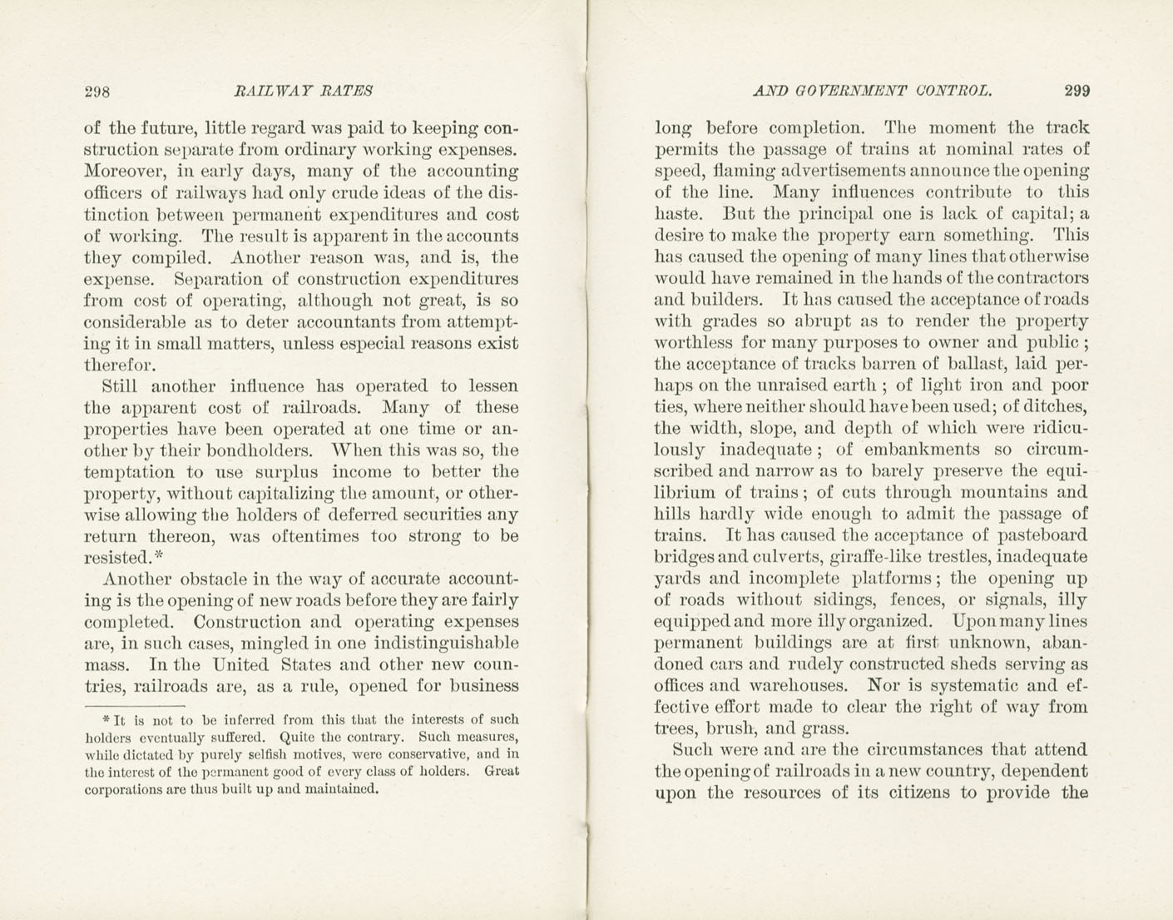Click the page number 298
(x=97, y=92)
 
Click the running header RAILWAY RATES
(x=304, y=91)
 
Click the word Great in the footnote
(x=502, y=771)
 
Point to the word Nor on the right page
(x=882, y=686)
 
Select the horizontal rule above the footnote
(x=134, y=707)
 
